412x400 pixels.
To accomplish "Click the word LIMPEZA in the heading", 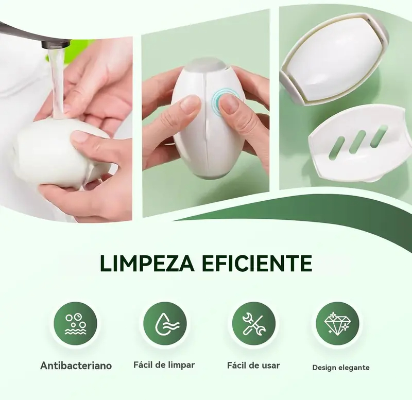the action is pos(147,263).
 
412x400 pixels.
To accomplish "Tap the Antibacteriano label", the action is pos(76,366).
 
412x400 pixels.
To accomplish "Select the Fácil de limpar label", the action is pos(164,365).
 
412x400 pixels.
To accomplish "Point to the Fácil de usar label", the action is pos(253,366).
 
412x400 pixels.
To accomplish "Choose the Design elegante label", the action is pos(341,368).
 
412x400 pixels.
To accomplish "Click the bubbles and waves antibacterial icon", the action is pos(75,323).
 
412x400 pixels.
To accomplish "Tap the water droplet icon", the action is pos(165,323).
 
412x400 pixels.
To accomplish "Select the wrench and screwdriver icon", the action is pos(254,323).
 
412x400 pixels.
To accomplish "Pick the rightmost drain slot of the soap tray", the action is pos(379,135).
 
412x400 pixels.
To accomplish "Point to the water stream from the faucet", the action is pos(58,81).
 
